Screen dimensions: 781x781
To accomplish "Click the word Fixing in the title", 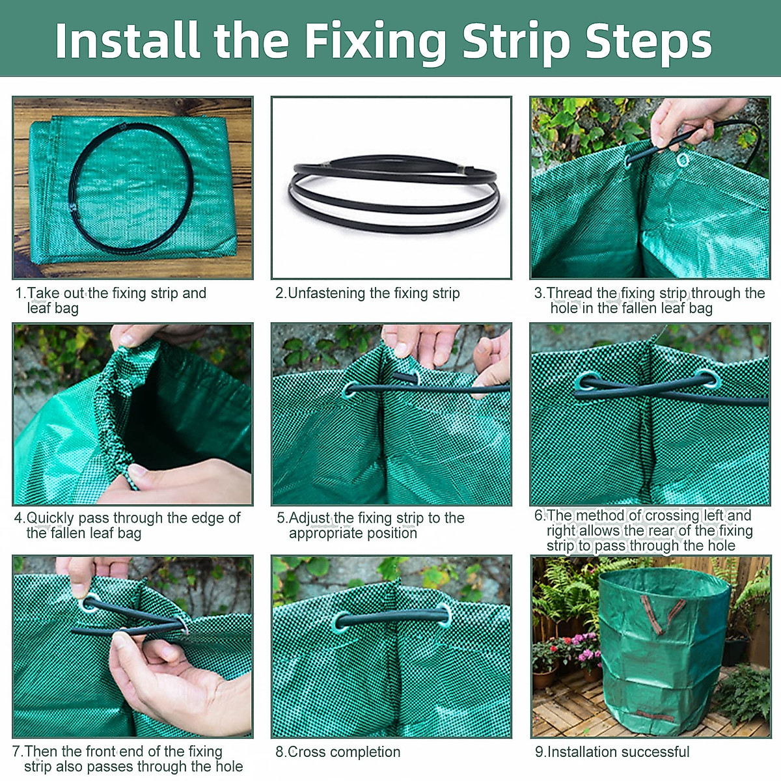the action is (x=375, y=42).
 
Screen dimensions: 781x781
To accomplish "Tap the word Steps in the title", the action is (x=648, y=42).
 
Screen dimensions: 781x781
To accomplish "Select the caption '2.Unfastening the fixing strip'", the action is (x=368, y=293).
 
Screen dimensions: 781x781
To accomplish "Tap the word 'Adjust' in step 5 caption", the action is (x=310, y=518).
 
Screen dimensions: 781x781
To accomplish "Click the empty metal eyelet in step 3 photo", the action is (x=683, y=159).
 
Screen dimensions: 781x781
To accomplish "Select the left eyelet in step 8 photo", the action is (x=341, y=621).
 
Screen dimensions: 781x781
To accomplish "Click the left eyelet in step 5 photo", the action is (x=350, y=390).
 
